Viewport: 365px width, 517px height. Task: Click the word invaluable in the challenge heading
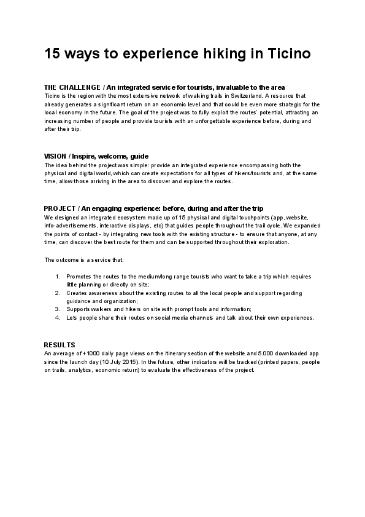pos(231,87)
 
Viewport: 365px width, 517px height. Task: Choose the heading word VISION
pos(55,156)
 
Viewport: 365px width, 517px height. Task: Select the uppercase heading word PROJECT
pos(59,208)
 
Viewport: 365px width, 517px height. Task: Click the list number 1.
pos(58,277)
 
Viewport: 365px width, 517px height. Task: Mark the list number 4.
pos(58,318)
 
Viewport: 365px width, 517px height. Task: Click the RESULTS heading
pos(59,345)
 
